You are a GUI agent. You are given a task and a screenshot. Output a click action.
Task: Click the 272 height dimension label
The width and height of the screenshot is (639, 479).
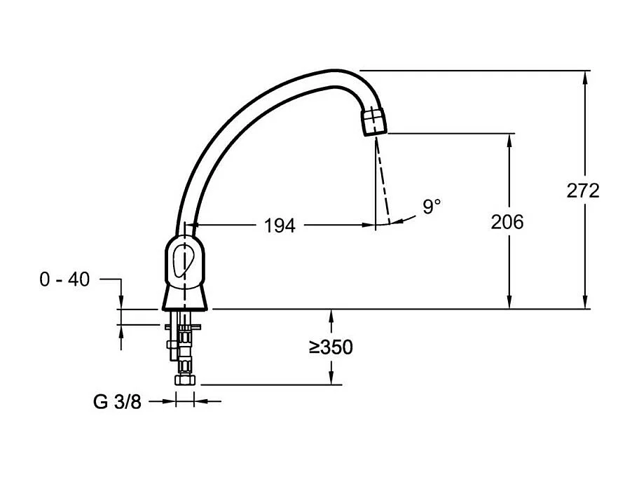(583, 190)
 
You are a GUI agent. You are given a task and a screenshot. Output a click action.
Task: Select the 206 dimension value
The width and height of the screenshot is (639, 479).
(507, 222)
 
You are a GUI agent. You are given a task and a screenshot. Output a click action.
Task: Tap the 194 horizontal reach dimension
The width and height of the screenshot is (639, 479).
(280, 225)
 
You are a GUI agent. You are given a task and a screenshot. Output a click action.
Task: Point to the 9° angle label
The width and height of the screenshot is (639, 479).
(432, 207)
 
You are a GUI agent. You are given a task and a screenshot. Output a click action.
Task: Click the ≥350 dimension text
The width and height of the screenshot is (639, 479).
(331, 347)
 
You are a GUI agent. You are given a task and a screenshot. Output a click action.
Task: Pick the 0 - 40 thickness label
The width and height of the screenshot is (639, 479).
(64, 279)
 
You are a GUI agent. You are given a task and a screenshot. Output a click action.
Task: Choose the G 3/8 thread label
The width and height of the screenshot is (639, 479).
(118, 401)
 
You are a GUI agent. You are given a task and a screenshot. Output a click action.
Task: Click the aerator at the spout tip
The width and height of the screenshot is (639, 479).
(373, 121)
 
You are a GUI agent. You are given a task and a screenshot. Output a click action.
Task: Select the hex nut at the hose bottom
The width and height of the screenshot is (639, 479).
(184, 380)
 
